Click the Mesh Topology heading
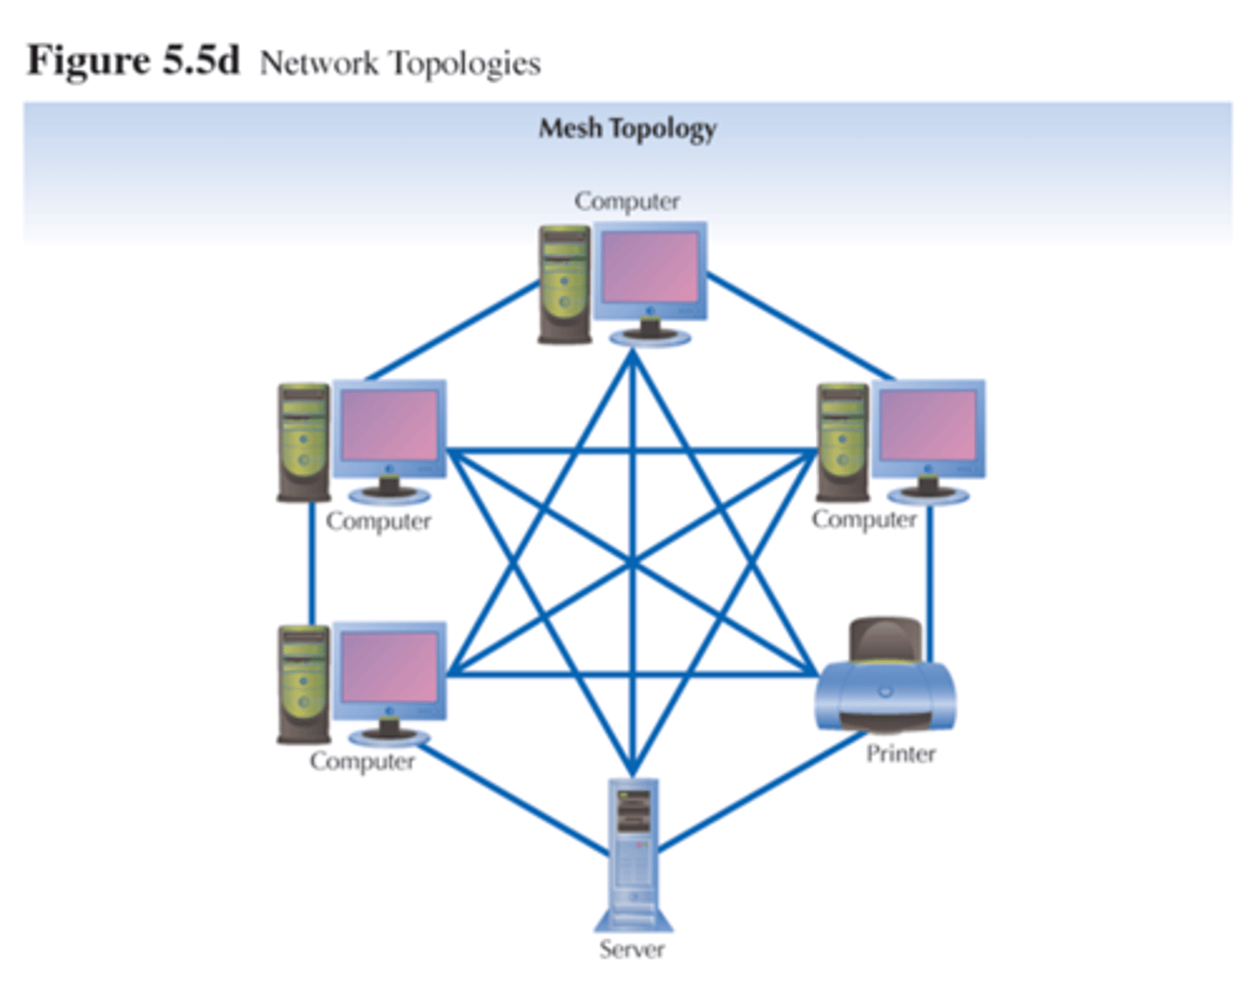(x=627, y=129)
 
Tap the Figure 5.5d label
(x=133, y=61)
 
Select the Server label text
(x=631, y=949)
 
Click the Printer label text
(x=900, y=754)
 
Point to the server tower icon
(x=633, y=855)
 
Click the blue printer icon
(x=885, y=685)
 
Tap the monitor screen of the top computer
(x=651, y=269)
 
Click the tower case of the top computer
(x=565, y=284)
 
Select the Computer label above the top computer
(x=626, y=201)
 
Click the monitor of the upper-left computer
(x=389, y=427)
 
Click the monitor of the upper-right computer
(x=928, y=427)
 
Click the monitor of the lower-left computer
(x=389, y=669)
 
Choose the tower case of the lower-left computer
(x=304, y=684)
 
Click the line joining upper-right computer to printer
(x=930, y=580)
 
